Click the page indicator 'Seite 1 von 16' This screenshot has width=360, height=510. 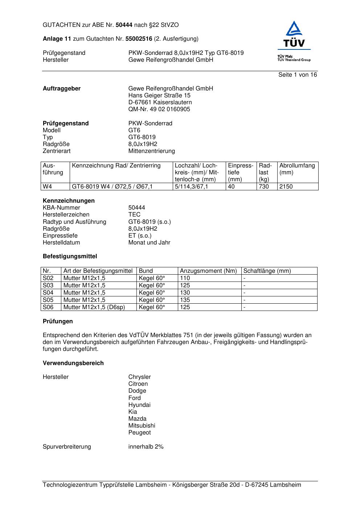[297, 75]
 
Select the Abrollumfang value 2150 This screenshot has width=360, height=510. [286, 187]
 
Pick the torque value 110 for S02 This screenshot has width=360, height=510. [185, 278]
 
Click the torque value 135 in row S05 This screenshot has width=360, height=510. [185, 300]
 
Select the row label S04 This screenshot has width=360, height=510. [48, 293]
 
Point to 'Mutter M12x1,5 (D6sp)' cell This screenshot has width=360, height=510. [94, 307]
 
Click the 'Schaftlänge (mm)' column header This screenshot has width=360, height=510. [267, 271]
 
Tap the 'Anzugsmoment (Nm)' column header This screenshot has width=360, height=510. [208, 271]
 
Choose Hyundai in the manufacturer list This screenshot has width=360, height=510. [139, 405]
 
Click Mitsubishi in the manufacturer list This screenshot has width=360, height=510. [142, 426]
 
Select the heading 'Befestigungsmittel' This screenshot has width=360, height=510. [70, 256]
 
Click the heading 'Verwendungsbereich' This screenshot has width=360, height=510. [73, 363]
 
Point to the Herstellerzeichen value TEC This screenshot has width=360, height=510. [134, 215]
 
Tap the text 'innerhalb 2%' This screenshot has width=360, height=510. [146, 447]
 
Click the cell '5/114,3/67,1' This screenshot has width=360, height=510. [191, 187]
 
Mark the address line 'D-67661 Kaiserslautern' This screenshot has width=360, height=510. [160, 102]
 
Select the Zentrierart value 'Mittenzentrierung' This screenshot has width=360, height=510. [151, 151]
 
